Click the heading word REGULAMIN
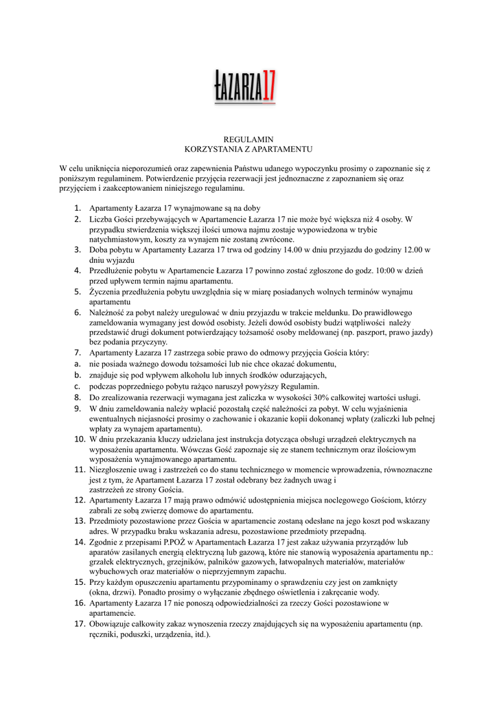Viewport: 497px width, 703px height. point(248,139)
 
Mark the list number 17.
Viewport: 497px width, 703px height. point(78,624)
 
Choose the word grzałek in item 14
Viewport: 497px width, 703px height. point(103,562)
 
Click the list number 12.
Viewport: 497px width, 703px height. point(78,500)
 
